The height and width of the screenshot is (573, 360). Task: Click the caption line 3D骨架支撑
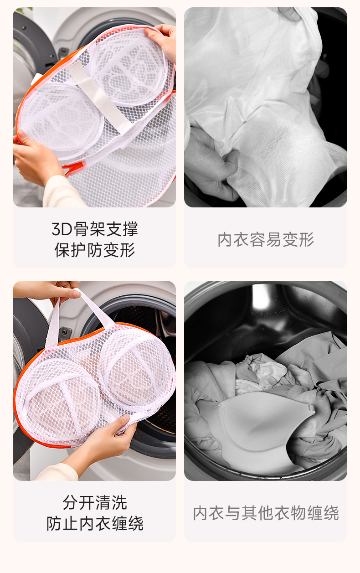[x=95, y=229]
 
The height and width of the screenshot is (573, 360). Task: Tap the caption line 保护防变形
[x=95, y=250]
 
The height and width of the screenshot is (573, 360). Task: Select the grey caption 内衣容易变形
[x=266, y=240]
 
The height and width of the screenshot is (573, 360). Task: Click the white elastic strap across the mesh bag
[x=99, y=97]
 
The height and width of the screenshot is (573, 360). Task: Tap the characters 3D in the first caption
[x=62, y=229]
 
